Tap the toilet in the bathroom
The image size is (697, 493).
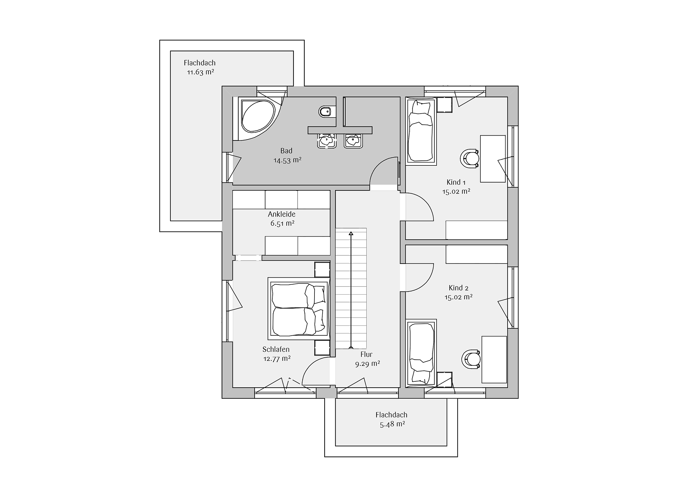tap(327, 112)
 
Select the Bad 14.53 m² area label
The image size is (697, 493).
tap(287, 155)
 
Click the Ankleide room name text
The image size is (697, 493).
tap(281, 214)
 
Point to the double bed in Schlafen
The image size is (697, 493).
tap(299, 308)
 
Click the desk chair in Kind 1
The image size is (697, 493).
tap(469, 158)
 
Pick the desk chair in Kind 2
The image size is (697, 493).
tap(471, 359)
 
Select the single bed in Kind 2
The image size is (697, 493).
tap(421, 353)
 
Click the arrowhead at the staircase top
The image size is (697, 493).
tap(351, 233)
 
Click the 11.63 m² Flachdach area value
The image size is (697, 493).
tap(200, 72)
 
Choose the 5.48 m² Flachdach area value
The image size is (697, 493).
tap(392, 424)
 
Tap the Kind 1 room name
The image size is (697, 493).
tap(456, 182)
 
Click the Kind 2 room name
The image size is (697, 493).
tap(458, 288)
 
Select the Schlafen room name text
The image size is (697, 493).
tap(276, 349)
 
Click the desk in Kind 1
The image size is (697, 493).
tap(493, 159)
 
